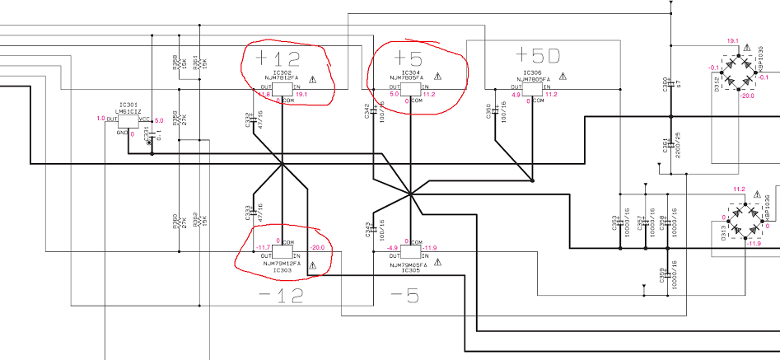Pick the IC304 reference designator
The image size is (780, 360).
[x=410, y=71]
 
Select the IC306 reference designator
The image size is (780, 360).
[x=531, y=72]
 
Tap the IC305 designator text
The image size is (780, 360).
[x=409, y=269]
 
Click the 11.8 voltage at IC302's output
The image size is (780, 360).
[x=264, y=95]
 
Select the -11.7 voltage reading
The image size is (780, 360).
[x=264, y=246]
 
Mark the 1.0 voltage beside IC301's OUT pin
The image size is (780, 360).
[x=100, y=119]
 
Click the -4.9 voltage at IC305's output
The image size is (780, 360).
[x=393, y=246]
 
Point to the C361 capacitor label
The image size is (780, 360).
[x=666, y=149]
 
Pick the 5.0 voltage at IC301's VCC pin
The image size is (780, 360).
[x=160, y=120]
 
